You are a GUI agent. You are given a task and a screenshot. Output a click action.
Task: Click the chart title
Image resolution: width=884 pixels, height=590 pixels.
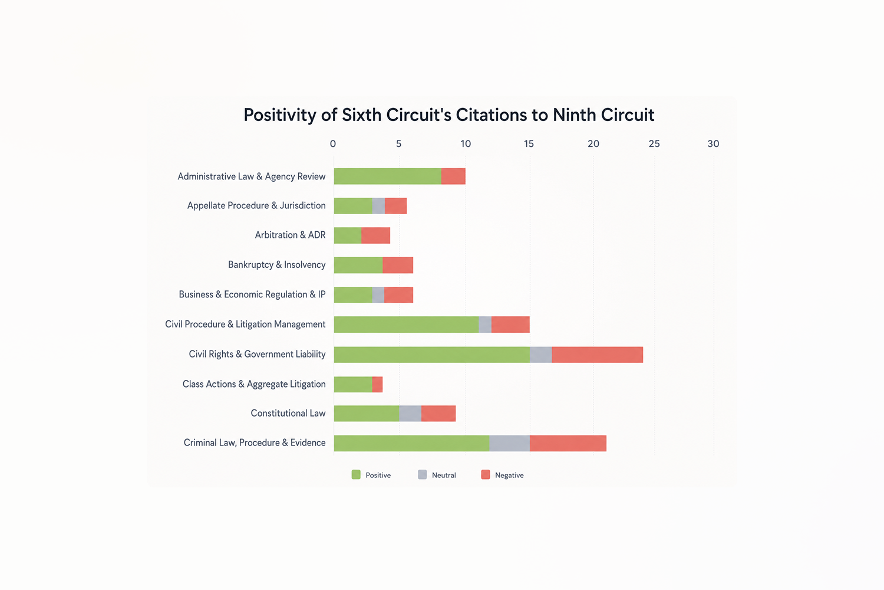[448, 115]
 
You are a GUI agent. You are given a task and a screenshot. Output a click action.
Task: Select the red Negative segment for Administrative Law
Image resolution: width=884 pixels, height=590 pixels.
[453, 176]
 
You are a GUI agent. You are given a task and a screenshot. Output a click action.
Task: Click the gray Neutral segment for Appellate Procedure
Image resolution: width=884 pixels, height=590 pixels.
[378, 206]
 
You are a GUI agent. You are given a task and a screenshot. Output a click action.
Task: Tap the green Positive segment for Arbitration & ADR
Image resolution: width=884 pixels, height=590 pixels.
[348, 235]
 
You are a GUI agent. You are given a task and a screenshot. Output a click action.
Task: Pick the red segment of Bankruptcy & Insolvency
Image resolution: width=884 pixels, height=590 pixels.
[398, 265]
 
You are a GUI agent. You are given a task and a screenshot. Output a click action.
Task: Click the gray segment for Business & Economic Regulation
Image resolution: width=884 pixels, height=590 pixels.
[378, 295]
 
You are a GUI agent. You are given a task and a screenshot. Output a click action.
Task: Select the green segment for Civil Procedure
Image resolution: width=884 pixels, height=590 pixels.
[407, 324]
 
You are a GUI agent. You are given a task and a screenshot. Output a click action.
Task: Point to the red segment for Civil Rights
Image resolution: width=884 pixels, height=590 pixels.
[598, 355]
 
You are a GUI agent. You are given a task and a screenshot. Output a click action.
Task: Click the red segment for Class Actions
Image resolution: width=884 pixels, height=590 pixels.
[377, 385]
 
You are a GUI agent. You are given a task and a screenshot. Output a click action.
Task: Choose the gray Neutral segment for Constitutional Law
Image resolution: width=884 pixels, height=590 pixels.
[410, 414]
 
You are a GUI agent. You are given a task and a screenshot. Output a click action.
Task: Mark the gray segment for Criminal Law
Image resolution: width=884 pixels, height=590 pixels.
[510, 444]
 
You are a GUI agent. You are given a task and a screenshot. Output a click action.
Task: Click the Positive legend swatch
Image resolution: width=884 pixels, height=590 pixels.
[356, 474]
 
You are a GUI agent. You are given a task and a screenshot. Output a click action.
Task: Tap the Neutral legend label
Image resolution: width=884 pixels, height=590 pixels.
[444, 475]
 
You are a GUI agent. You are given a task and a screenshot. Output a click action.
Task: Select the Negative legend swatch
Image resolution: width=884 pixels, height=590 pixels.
[486, 474]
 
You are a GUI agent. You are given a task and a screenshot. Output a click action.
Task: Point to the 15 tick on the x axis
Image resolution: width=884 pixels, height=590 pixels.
[529, 144]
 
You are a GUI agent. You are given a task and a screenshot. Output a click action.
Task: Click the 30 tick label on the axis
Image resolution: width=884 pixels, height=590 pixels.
[713, 144]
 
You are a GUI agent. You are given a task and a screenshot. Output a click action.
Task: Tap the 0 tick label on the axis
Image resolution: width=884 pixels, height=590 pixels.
[333, 144]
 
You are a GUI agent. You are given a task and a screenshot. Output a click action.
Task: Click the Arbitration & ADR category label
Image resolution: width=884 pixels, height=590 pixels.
[290, 235]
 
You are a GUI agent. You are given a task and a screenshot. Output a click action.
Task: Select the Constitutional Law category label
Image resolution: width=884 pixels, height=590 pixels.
[288, 414]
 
